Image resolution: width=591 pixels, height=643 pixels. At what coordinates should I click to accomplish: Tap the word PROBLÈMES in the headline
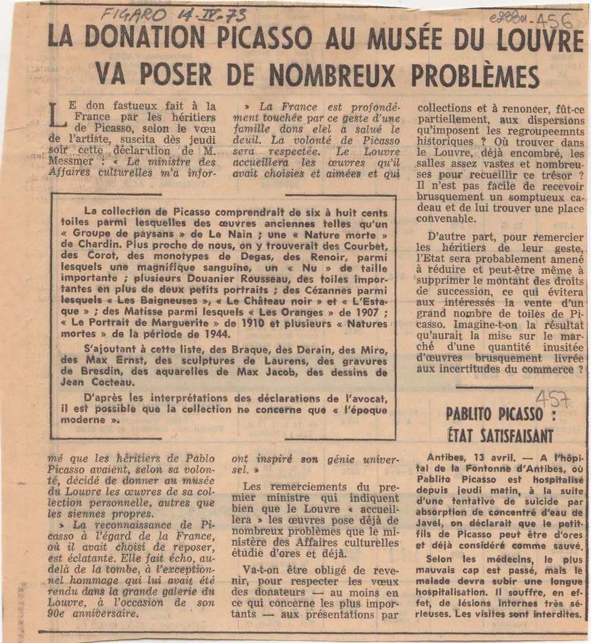475,75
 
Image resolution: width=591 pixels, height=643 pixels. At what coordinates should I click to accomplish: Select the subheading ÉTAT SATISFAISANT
500,435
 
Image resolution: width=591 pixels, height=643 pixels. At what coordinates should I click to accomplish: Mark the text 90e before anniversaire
60,613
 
